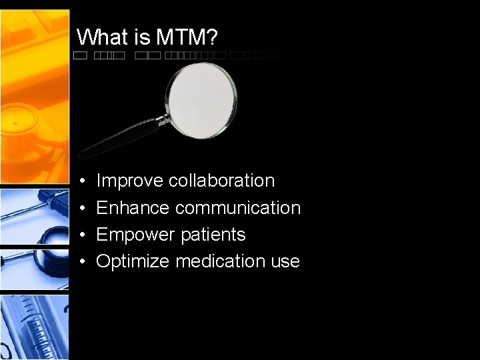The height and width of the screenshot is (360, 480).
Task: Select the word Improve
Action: click(130, 181)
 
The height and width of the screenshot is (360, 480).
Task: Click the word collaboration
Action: click(221, 181)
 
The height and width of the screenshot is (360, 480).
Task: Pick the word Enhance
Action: click(133, 208)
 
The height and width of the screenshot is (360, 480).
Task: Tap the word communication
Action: click(238, 208)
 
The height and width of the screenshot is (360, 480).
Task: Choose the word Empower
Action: click(132, 235)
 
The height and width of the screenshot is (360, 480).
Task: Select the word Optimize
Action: click(133, 261)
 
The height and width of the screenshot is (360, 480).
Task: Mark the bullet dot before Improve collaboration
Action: click(81, 181)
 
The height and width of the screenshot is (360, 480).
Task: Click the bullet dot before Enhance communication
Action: click(81, 208)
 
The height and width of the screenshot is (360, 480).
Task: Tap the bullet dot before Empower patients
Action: click(81, 235)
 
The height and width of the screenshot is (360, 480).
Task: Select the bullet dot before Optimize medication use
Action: click(81, 261)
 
